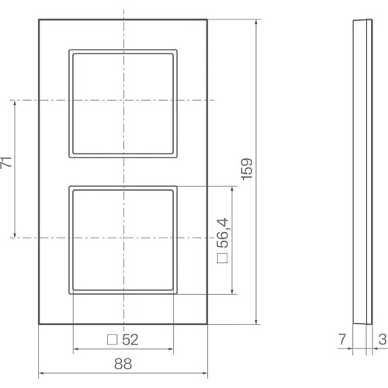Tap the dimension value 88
(x=123, y=362)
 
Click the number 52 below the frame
(x=130, y=339)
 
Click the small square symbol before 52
(x=110, y=339)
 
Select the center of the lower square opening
(x=123, y=237)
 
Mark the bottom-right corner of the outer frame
(x=208, y=324)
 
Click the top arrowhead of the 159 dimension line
(x=256, y=21)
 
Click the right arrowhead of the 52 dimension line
(x=172, y=349)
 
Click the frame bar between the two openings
(x=123, y=171)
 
